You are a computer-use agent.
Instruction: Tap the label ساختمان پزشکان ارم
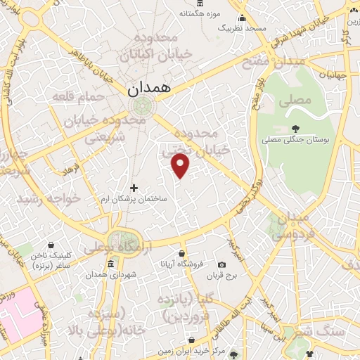point(133,199)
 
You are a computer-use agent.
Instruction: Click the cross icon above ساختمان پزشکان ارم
point(134,187)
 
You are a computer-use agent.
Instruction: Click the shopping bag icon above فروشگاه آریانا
point(182,252)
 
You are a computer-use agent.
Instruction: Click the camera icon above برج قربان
point(222,264)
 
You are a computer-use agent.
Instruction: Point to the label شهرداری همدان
point(111,276)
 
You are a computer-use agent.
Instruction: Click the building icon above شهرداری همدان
point(111,264)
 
